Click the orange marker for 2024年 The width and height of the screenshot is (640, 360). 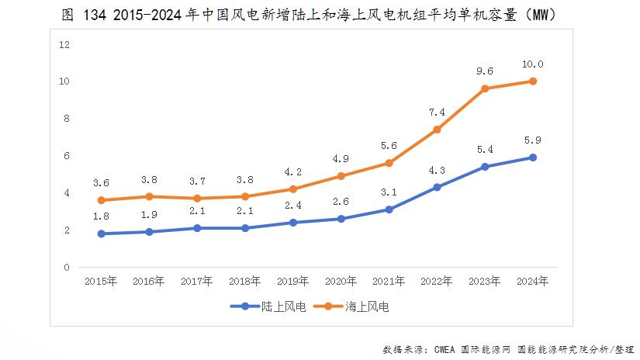coord(533,81)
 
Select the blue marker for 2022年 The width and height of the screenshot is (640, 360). coord(437,187)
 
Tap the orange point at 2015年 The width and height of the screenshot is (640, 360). coord(101,200)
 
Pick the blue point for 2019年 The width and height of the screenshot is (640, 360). coord(293,223)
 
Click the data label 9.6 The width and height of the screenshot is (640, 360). coord(485,71)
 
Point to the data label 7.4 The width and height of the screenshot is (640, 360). coord(437,112)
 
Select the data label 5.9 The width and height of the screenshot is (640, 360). coord(533,140)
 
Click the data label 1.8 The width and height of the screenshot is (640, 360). coord(101,216)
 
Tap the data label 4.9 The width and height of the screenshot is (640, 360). coord(341,159)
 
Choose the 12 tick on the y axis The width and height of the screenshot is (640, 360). coord(65,44)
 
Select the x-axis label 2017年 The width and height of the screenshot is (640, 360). coord(197,282)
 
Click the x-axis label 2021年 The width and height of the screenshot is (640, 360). coord(389,282)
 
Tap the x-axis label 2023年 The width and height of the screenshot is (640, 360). coord(485,282)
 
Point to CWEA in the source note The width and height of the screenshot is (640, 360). coord(449,349)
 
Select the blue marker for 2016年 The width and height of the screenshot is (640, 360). coord(149,232)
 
